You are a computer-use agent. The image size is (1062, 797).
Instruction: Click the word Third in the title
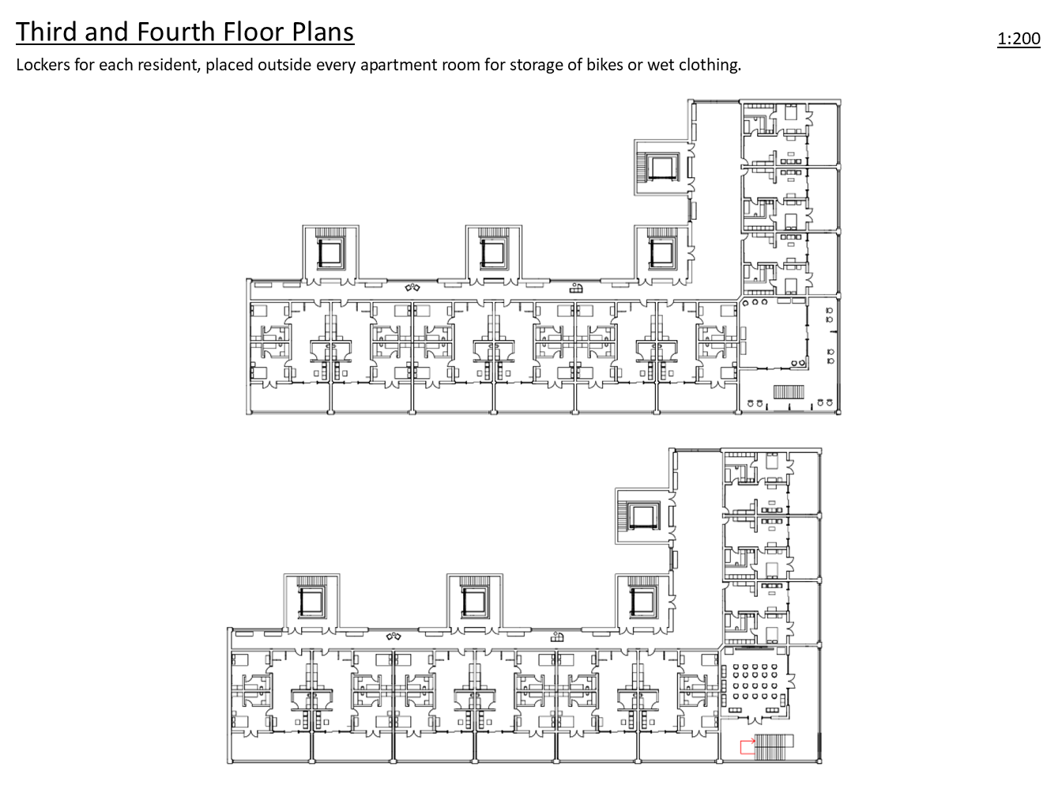tap(47, 32)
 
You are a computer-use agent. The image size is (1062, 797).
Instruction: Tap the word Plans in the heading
tap(322, 32)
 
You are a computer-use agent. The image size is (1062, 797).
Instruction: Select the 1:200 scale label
tap(1019, 38)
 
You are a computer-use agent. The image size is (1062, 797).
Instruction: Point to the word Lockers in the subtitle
tap(43, 64)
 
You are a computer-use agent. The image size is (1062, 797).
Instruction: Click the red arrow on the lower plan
tap(748, 746)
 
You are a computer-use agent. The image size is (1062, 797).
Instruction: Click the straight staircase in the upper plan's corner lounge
tap(789, 391)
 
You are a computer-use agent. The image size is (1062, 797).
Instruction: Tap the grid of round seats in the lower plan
tap(754, 682)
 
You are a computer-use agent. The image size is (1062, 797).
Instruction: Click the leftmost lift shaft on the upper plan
tap(330, 254)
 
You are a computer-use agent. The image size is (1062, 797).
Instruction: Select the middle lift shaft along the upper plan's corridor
tap(494, 254)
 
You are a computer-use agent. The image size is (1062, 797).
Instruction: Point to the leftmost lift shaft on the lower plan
tap(311, 602)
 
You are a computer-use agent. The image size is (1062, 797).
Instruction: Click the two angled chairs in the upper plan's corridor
tap(412, 288)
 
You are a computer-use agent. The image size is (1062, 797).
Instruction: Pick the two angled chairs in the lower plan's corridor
tap(394, 636)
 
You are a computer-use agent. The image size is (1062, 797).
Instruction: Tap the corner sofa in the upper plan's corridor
tap(576, 288)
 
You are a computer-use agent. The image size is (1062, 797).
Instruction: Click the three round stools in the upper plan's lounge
tap(755, 303)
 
